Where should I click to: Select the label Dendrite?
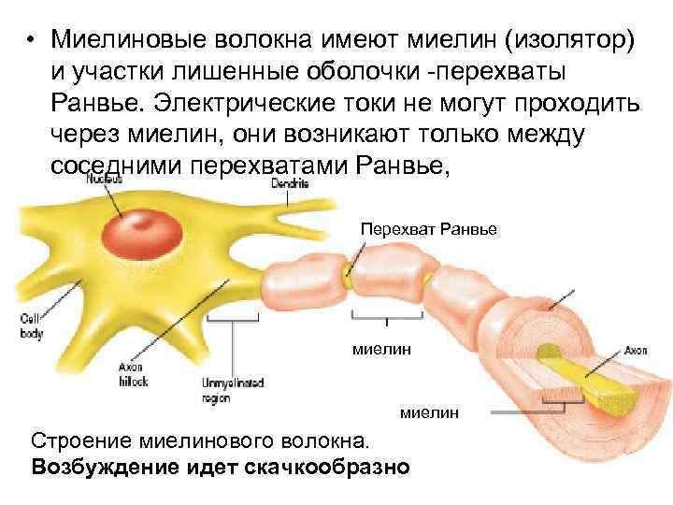click(x=289, y=184)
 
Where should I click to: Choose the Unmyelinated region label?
click(x=233, y=390)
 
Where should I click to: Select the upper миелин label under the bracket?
click(x=381, y=349)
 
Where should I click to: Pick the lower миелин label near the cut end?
click(x=429, y=412)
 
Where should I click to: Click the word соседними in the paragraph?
click(x=118, y=165)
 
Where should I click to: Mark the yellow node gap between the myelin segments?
click(x=348, y=273)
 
